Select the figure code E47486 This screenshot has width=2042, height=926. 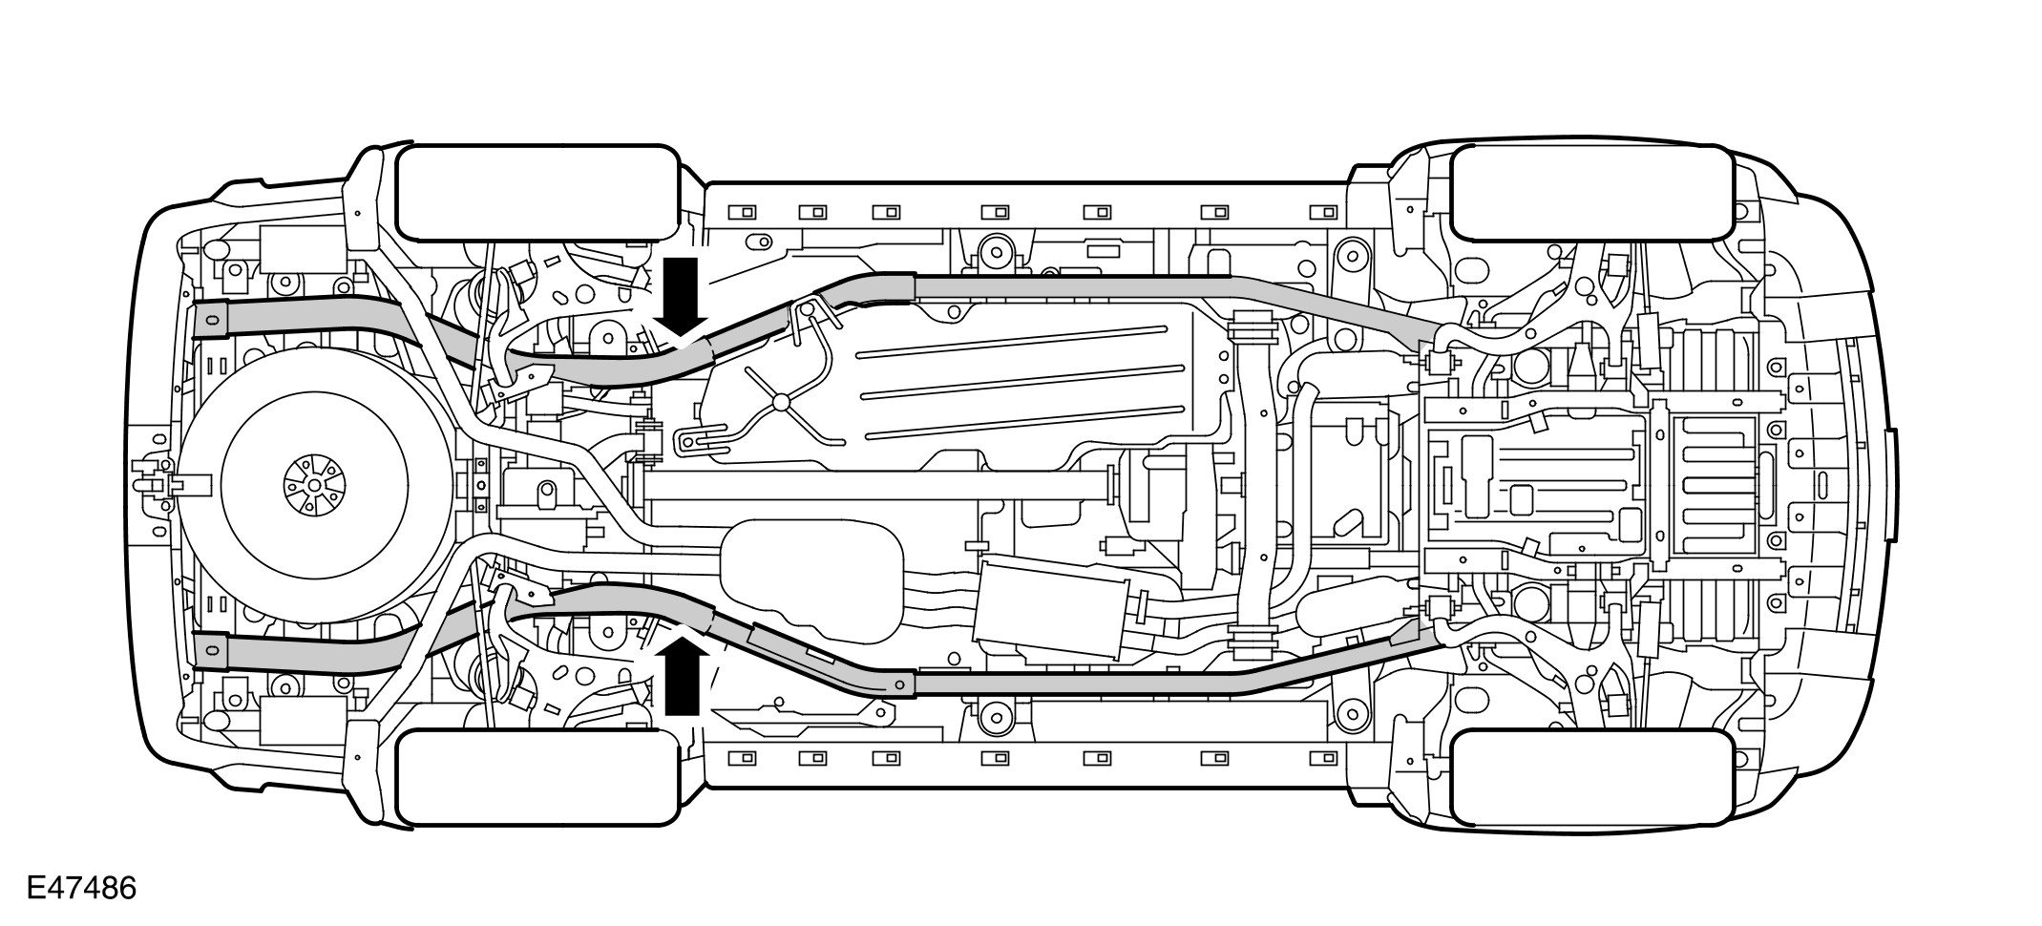coord(81,889)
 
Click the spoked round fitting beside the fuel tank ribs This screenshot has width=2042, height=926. coord(781,402)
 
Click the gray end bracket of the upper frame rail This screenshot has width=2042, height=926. coord(211,321)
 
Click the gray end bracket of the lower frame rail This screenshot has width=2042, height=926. coord(211,653)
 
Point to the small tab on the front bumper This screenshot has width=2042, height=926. coord(1891,483)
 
